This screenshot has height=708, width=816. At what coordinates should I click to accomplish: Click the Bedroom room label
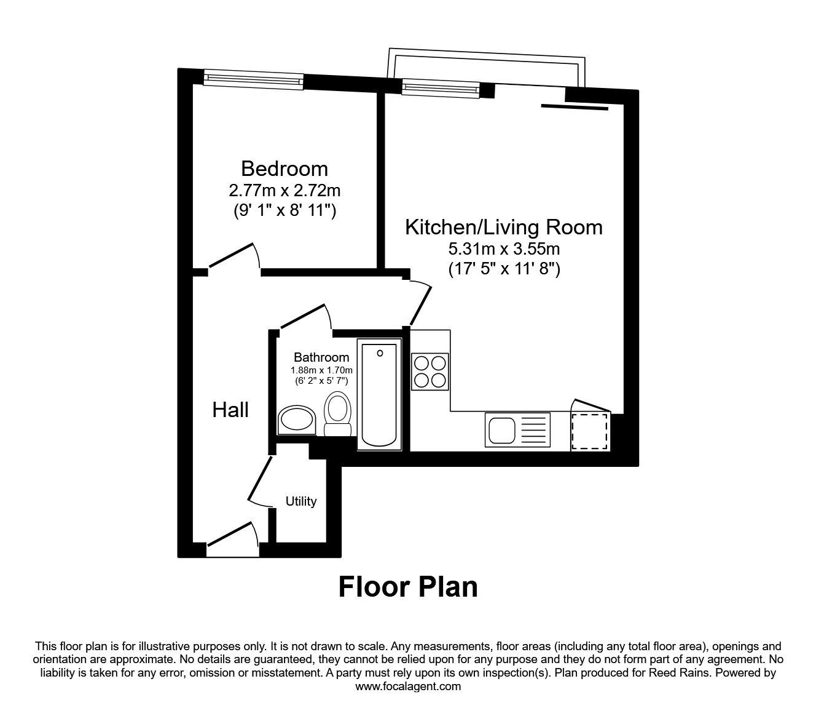tap(284, 169)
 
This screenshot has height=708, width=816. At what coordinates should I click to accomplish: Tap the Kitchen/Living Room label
tap(503, 227)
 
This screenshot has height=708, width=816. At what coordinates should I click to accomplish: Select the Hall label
tap(230, 410)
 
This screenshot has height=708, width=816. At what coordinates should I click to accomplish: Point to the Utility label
tap(301, 501)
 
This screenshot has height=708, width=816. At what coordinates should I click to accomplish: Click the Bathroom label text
tap(321, 357)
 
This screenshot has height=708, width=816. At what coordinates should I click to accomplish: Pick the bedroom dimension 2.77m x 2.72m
tap(284, 191)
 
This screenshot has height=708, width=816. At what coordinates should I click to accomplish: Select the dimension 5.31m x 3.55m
tap(503, 249)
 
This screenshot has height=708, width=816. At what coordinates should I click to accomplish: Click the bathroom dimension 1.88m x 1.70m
tap(321, 370)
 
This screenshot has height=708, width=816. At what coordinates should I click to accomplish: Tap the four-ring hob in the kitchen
tap(430, 371)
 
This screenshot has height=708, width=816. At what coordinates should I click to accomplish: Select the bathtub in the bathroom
tap(379, 394)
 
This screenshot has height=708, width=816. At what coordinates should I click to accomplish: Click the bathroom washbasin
tap(296, 420)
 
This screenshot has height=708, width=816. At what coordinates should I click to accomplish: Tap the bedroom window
tap(254, 78)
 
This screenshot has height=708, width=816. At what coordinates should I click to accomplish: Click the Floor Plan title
tap(408, 587)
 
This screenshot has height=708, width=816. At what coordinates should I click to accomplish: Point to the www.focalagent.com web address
tap(408, 686)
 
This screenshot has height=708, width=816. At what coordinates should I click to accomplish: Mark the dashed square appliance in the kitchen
tap(590, 431)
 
